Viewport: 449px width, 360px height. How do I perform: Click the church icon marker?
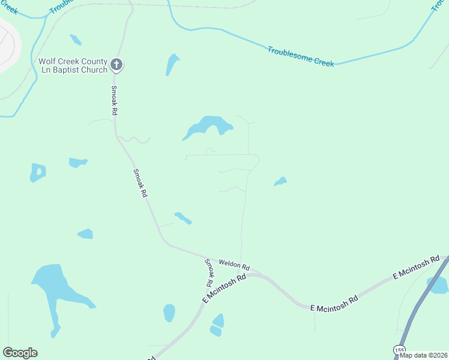116,65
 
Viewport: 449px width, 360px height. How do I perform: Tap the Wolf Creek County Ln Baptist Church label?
73,65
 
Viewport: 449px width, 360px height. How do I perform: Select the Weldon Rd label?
234,265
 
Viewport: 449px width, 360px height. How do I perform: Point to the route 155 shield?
399,350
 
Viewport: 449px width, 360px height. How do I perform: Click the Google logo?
20,353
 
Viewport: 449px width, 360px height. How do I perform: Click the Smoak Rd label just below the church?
114,100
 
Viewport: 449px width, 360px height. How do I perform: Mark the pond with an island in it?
38,172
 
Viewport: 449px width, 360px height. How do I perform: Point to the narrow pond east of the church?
172,64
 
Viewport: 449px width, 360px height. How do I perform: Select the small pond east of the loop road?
280,181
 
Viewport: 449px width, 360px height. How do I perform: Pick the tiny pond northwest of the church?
75,40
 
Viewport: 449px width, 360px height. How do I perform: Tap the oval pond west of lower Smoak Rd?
169,313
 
